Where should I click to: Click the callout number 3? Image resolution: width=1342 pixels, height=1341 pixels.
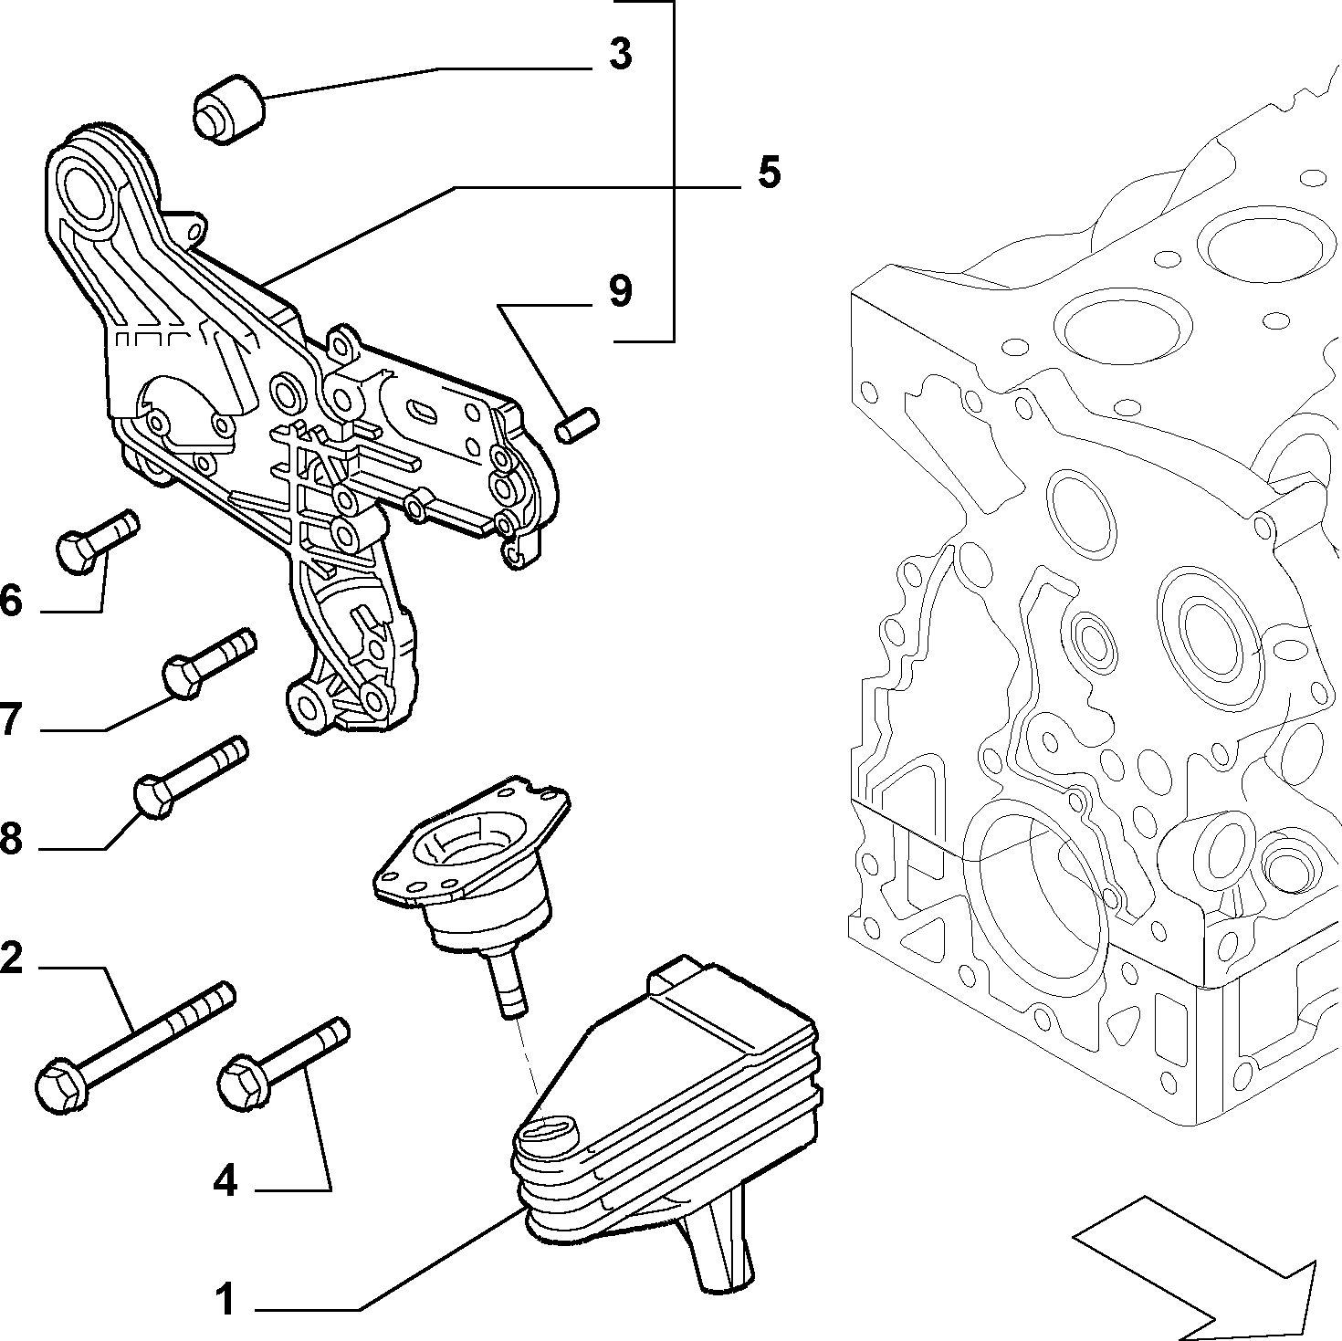[x=621, y=55]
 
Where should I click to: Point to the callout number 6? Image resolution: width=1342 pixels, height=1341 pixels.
[x=10, y=602]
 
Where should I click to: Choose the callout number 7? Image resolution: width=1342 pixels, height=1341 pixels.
[x=10, y=719]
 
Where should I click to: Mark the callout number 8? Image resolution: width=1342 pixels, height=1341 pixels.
[x=10, y=838]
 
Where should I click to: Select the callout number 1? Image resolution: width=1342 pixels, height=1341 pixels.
[x=225, y=1298]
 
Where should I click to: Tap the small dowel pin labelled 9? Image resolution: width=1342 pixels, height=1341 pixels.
[x=577, y=424]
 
